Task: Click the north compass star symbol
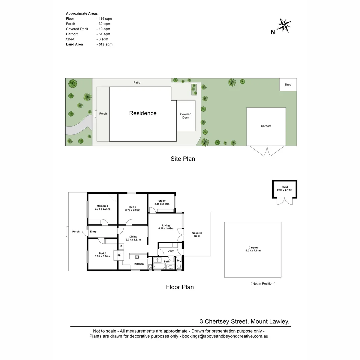coord(284,25)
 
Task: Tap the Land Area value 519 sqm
coord(105,44)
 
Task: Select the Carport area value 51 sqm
coord(104,34)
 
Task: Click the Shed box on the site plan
coord(288,85)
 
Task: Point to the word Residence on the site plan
coord(143,113)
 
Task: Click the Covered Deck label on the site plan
coord(186,116)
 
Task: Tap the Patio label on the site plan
coord(137,82)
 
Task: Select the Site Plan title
coord(183,159)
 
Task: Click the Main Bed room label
coord(102,206)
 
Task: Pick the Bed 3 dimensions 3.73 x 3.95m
coord(133,210)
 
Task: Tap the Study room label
coord(162,201)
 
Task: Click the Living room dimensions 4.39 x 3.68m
coord(166,229)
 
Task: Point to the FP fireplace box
coord(119,255)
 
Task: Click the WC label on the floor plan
coord(179,261)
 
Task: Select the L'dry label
coord(171,251)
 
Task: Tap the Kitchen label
coord(139,264)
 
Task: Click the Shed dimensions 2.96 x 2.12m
coord(284,190)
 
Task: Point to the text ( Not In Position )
coord(263,284)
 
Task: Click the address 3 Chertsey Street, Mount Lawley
coord(244,322)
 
